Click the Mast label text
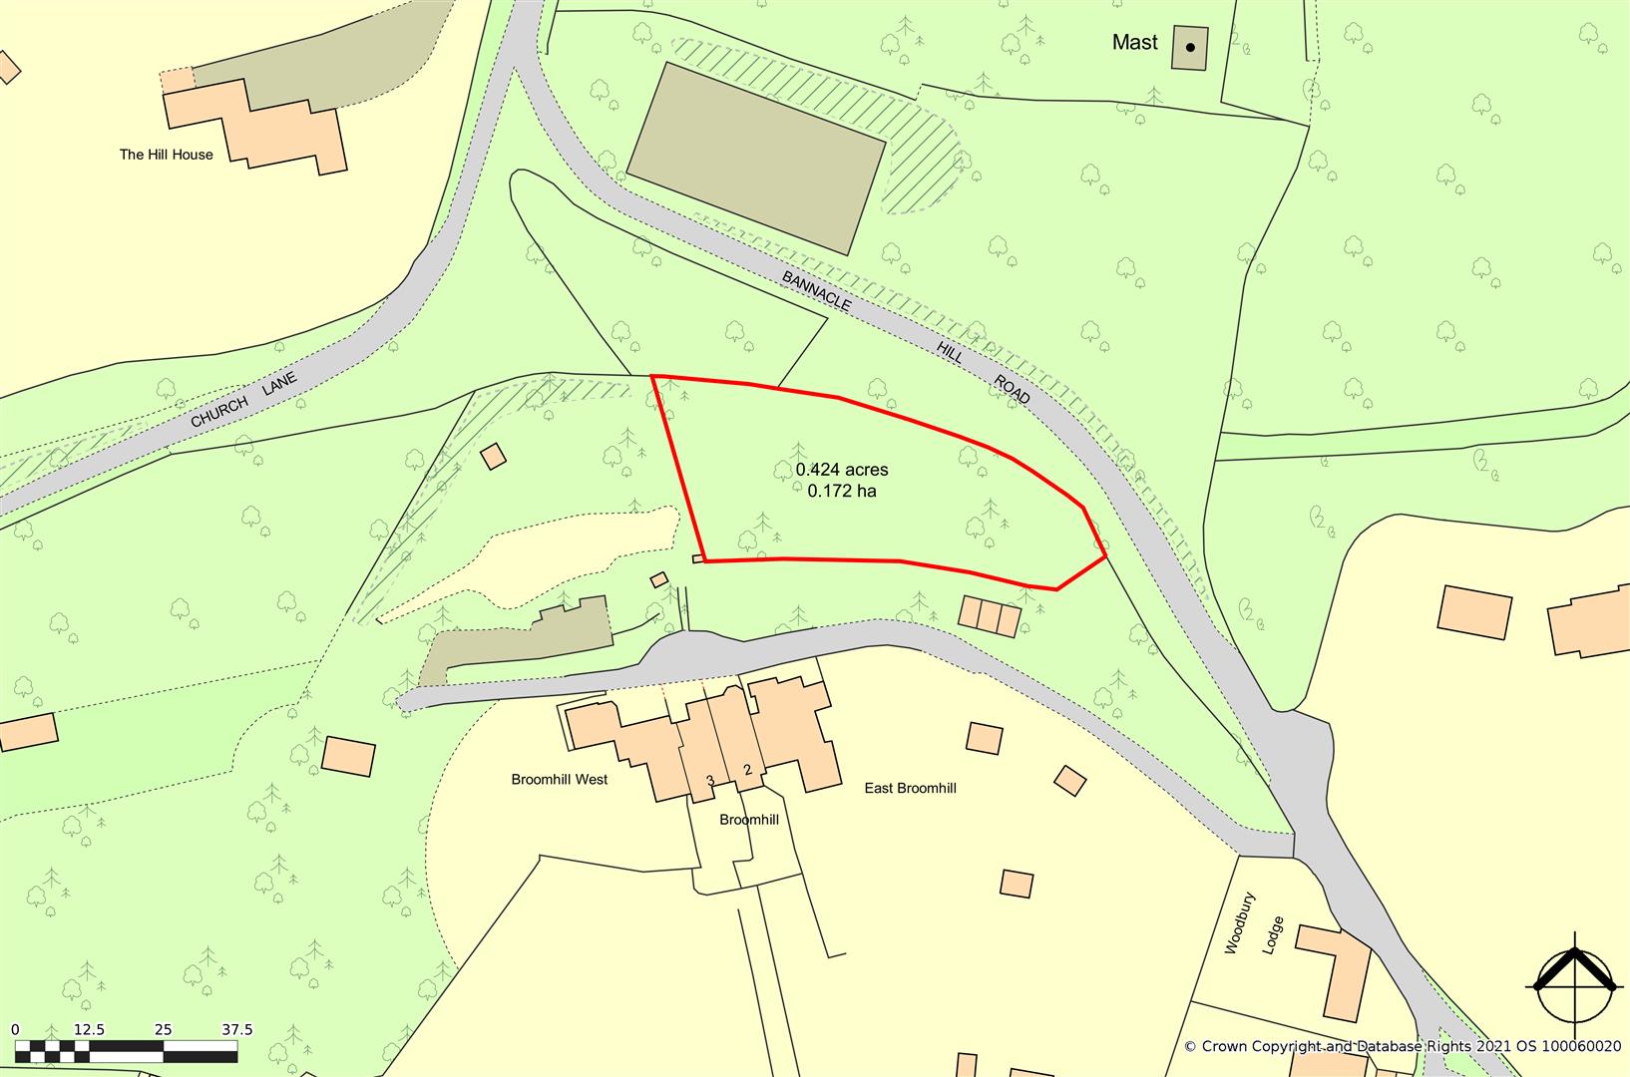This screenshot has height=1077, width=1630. [x=1135, y=43]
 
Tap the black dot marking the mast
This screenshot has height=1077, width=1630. [x=1189, y=47]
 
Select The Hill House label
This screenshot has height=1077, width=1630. [x=166, y=155]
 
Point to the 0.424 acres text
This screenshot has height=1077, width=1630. [x=841, y=470]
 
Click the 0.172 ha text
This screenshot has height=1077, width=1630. [x=841, y=491]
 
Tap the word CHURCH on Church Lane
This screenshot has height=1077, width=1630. [x=218, y=411]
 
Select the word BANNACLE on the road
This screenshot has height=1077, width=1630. [x=816, y=290]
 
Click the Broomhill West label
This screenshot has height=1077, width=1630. [x=559, y=780]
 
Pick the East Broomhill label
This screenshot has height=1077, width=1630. [x=910, y=788]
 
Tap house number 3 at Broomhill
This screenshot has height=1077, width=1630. [x=710, y=780]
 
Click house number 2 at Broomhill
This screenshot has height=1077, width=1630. [x=746, y=770]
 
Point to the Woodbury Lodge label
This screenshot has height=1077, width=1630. [x=1250, y=936]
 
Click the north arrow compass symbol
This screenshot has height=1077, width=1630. [x=1575, y=976]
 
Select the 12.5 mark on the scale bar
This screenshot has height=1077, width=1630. [x=90, y=1030]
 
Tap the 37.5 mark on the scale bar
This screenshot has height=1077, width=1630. [x=236, y=1030]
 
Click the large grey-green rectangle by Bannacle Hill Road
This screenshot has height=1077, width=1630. [x=756, y=158]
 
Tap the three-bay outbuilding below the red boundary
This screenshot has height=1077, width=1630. [x=990, y=616]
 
